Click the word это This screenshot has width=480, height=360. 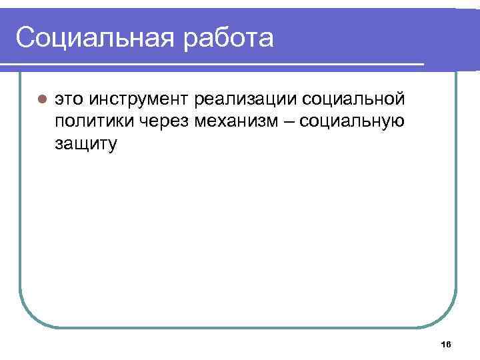[x=69, y=101]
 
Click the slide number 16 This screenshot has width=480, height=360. [x=446, y=344]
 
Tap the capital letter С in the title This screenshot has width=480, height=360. [x=25, y=38]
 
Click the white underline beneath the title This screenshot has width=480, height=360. [x=213, y=64]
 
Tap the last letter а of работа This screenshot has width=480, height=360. [x=265, y=40]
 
